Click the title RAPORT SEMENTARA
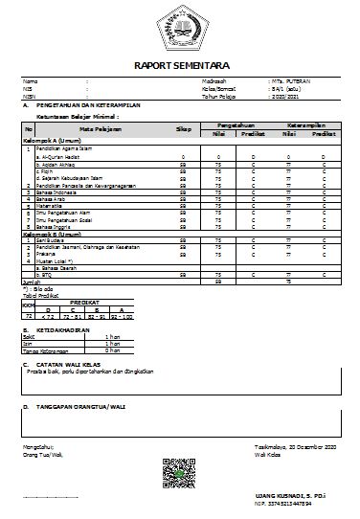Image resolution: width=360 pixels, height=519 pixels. [x=180, y=66]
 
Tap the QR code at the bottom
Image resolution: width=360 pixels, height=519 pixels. [x=179, y=472]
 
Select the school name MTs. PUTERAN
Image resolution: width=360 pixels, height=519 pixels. [x=289, y=82]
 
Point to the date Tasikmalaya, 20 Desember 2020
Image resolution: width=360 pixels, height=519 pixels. [x=302, y=447]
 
